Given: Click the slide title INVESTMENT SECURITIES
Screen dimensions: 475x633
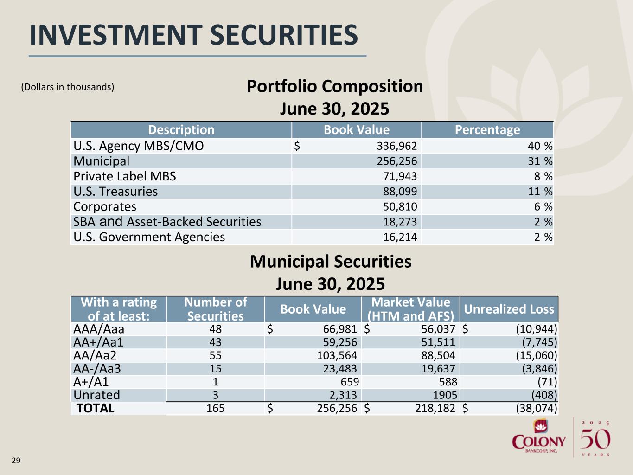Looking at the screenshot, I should coord(193,35).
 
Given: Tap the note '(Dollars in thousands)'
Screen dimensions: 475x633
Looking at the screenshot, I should coord(68,87).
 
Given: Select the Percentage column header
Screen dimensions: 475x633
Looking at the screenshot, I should coord(487,130).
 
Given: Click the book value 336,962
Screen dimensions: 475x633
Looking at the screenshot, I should coord(396,146).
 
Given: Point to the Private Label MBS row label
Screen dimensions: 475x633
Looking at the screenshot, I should coord(125,176).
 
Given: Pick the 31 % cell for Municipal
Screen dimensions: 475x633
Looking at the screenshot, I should coord(540,161).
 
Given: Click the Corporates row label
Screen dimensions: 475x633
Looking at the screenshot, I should coord(105,207).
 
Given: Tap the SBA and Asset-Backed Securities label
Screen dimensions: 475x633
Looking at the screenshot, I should coord(167,222).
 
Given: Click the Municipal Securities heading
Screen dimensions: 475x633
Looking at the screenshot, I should coord(330,262).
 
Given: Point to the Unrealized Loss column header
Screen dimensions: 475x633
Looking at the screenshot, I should coord(509,309).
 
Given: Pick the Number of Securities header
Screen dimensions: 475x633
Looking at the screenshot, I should coord(215,309).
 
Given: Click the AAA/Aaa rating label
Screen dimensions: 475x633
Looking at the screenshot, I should coord(99,329).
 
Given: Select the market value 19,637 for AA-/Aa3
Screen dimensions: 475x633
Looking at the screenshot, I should coord(437,369).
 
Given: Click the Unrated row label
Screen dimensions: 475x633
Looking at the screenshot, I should coord(96,395).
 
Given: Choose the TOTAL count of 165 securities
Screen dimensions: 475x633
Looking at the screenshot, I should coord(215,408).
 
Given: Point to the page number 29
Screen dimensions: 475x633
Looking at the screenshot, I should coord(16,461).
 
